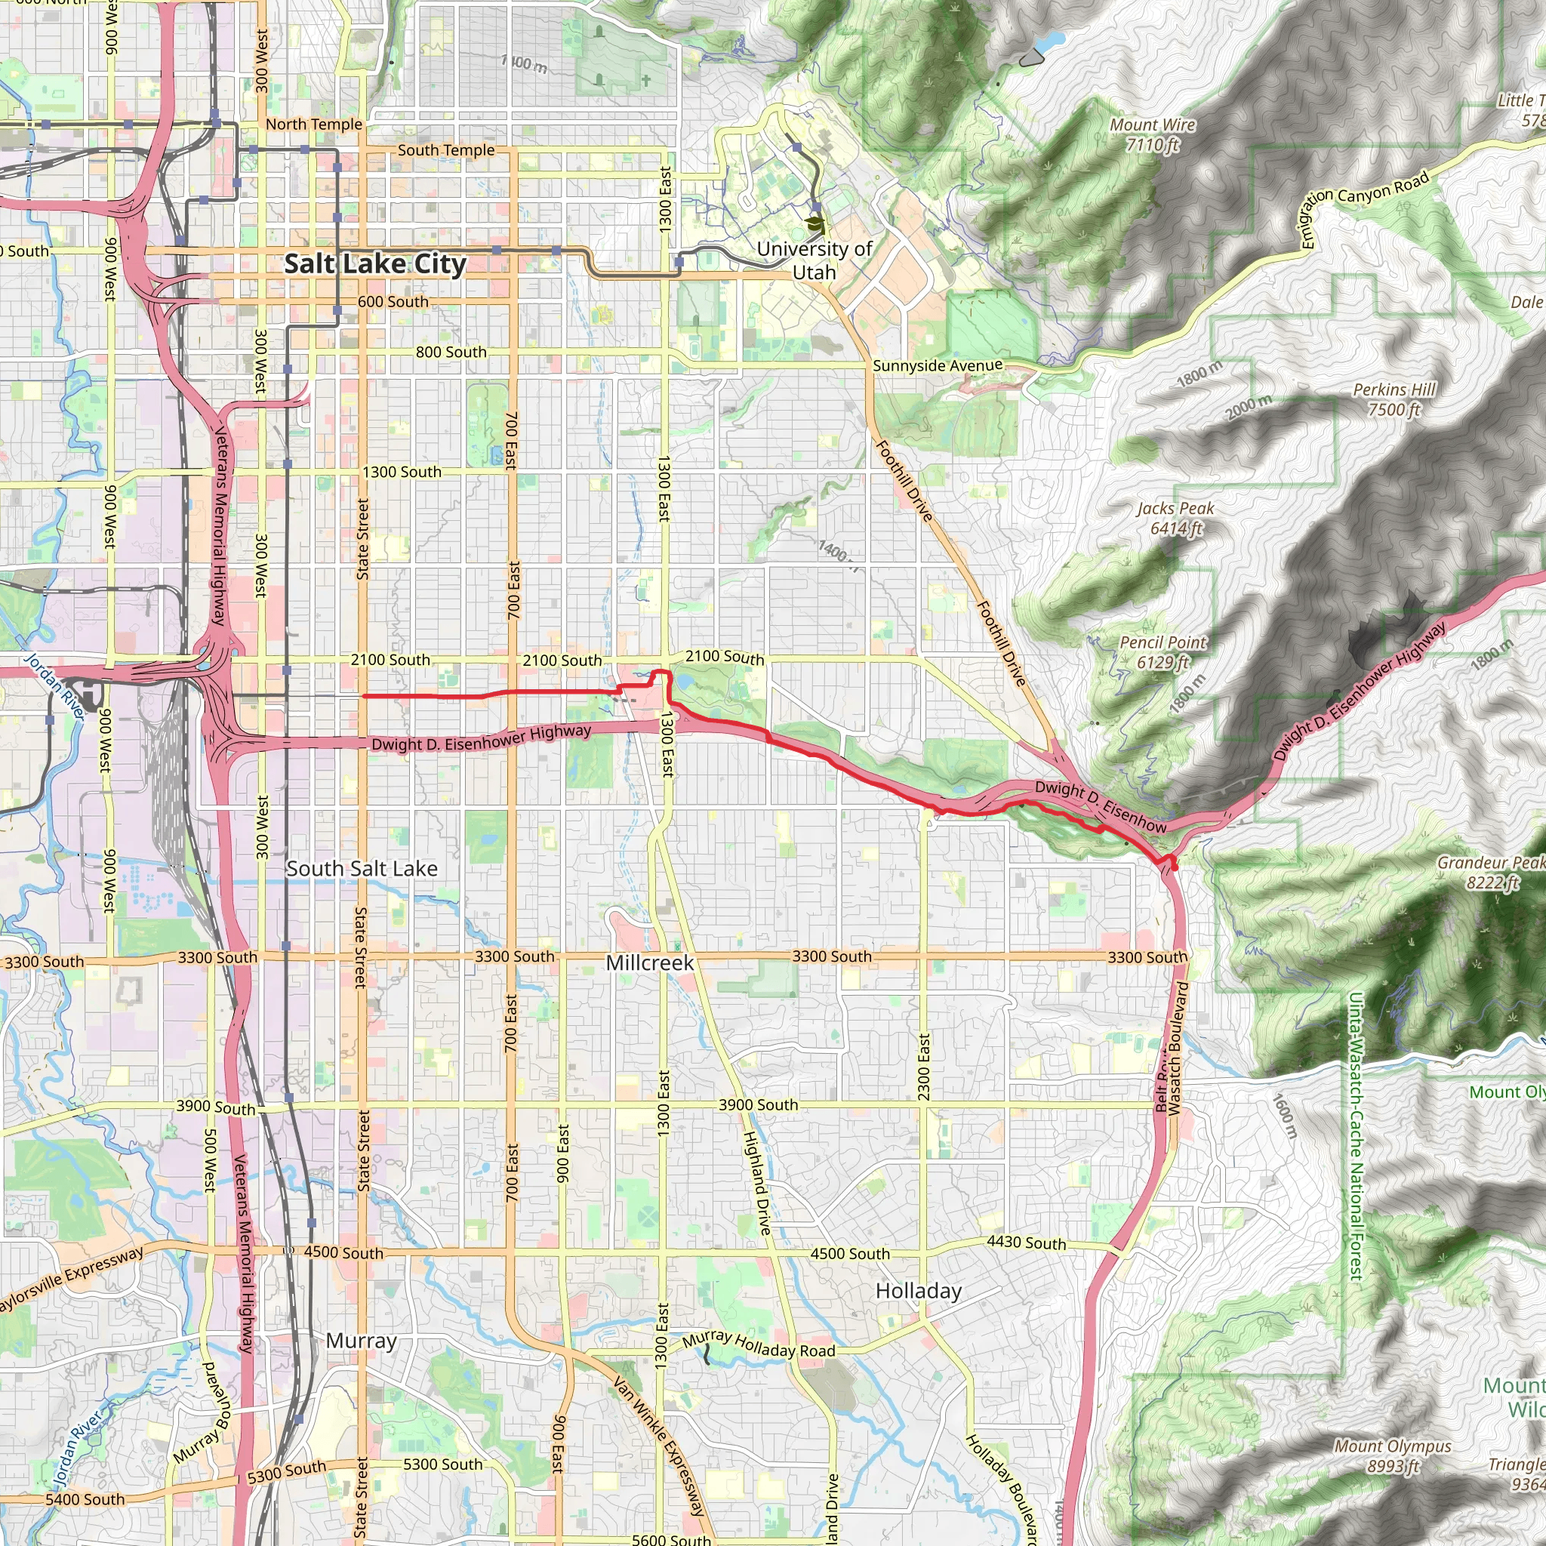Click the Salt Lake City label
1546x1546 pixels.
pos(374,264)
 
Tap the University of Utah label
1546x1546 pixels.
pos(814,261)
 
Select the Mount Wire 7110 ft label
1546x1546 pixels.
pos(1152,134)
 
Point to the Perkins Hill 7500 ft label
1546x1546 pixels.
pos(1394,399)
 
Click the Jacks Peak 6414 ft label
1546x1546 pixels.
pos(1175,518)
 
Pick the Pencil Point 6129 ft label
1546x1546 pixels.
pos(1163,652)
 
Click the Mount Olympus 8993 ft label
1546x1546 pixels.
pos(1392,1455)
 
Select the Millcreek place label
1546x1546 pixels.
pos(650,962)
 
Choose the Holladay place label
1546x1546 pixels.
pos(919,1291)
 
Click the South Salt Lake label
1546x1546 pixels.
pos(362,868)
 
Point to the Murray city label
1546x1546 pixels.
pos(361,1341)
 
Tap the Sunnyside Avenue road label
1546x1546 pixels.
pos(937,365)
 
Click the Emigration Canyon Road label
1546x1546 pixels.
pos(1363,209)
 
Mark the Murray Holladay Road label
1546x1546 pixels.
pos(759,1345)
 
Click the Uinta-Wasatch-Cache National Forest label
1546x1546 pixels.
pos(1356,1136)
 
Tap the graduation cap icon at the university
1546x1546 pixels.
pos(815,225)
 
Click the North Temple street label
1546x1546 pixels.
pos(314,124)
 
